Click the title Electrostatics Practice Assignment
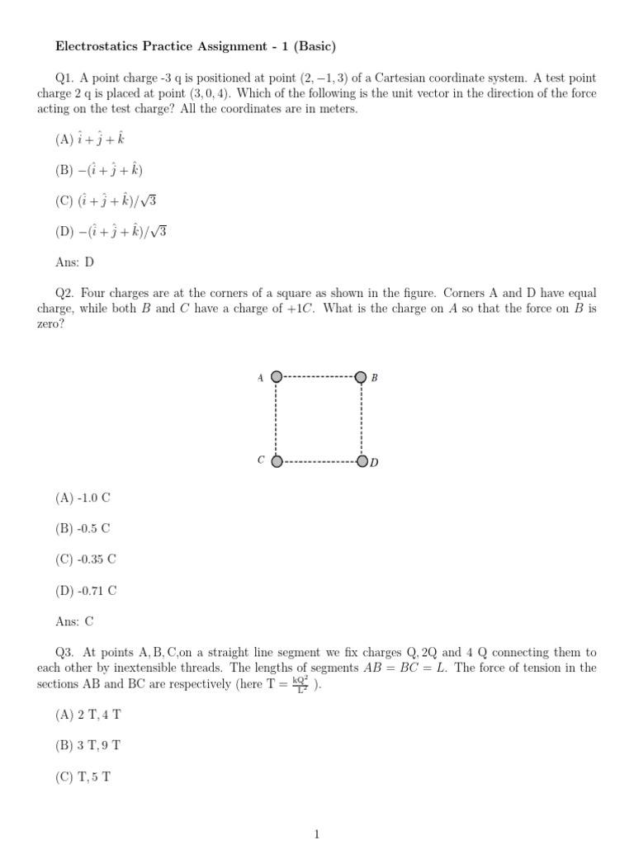point(195,45)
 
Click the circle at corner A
point(277,377)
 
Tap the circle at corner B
point(361,377)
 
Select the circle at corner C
point(277,461)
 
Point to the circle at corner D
point(362,461)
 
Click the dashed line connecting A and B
point(319,377)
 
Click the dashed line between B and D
point(362,419)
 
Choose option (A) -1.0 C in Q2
point(83,498)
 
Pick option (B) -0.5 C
point(83,528)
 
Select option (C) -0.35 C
point(86,559)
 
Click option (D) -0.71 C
point(86,589)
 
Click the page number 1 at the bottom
point(316,834)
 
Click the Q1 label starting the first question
point(64,78)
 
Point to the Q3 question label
point(64,652)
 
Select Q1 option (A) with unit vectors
point(89,139)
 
